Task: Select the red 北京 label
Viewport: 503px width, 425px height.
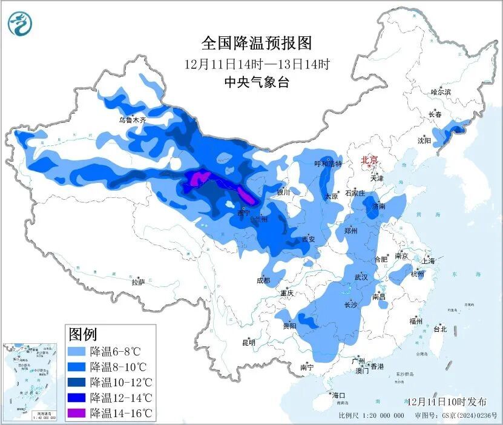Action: coord(369,160)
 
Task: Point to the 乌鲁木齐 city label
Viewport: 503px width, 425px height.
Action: coord(132,120)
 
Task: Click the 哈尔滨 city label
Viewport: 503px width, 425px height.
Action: coord(441,92)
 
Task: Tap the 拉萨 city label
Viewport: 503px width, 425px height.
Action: coord(138,282)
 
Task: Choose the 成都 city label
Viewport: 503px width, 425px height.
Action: coord(263,280)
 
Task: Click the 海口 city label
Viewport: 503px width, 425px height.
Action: coord(337,395)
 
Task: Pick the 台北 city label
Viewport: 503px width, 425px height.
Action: coord(439,329)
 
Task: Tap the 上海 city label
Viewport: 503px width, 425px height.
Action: coord(429,261)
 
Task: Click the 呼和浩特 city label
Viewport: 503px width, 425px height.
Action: coord(329,164)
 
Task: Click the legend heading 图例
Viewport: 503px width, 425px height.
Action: coord(83,334)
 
